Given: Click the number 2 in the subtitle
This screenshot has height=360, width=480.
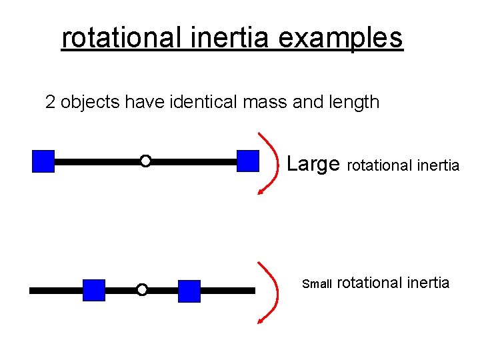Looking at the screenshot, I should (50, 102).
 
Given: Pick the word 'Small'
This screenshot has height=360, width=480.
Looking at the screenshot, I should (317, 284).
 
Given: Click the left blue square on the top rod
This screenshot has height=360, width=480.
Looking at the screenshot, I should (43, 161).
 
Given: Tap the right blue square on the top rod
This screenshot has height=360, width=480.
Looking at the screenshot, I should (248, 161).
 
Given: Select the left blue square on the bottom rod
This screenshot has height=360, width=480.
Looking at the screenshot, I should (94, 290).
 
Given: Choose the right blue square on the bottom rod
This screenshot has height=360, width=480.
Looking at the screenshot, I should (189, 291).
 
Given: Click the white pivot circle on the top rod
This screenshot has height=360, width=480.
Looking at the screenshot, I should (145, 161).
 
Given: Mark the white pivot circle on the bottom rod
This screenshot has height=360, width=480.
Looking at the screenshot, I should (142, 289).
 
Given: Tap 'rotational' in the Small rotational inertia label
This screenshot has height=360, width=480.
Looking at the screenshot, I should (369, 283).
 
